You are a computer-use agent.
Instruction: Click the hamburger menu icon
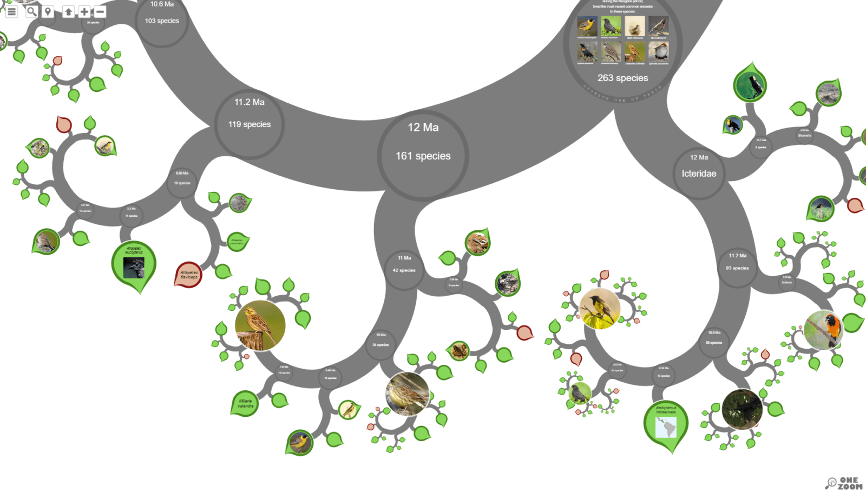(11, 11)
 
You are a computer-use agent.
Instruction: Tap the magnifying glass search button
(31, 11)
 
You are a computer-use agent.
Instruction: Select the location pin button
(48, 11)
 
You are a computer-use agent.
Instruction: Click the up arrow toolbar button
(68, 11)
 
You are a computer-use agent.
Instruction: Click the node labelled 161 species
(423, 156)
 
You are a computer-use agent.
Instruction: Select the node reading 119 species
(249, 124)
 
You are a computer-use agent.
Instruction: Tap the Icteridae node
(699, 173)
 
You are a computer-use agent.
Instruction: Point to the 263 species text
(622, 78)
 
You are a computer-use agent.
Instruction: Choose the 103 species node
(161, 21)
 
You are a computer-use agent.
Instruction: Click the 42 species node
(404, 270)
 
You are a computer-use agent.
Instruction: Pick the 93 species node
(737, 268)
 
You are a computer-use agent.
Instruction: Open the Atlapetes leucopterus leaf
(134, 263)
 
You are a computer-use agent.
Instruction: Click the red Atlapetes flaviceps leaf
(188, 275)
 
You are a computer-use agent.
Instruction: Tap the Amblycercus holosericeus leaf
(666, 424)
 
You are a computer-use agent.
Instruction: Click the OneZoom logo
(844, 483)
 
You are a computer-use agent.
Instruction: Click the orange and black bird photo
(823, 329)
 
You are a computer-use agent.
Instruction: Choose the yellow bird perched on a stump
(260, 325)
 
